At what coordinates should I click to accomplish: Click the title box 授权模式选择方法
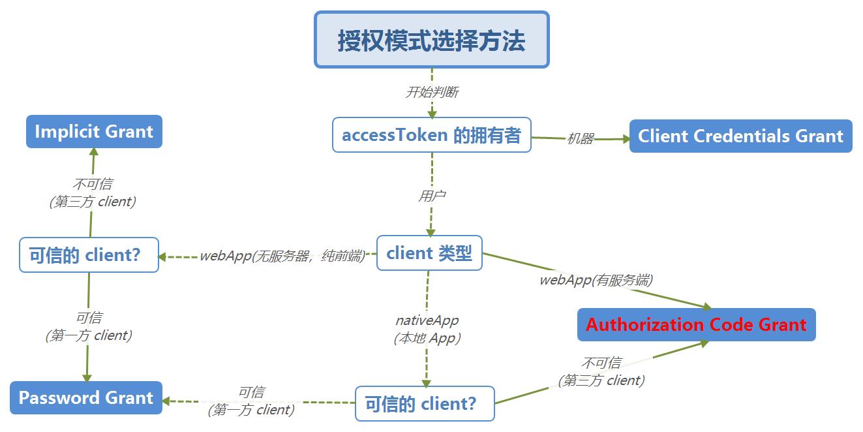tap(432, 40)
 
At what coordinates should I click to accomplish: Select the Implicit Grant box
tap(94, 131)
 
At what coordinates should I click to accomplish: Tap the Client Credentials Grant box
tap(740, 136)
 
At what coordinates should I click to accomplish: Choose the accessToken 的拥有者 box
tap(432, 135)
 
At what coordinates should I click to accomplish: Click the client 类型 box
tap(429, 253)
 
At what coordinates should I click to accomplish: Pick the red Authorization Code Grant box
tap(696, 324)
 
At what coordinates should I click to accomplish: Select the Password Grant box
tap(86, 397)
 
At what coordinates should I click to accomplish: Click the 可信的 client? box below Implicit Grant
tap(89, 255)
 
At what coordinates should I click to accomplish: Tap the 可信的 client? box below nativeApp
tap(425, 403)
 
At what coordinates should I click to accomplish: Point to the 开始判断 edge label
tap(432, 92)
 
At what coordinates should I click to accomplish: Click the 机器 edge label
tap(580, 138)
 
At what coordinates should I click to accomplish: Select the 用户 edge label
tap(432, 196)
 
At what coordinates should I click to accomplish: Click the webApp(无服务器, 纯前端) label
tap(282, 256)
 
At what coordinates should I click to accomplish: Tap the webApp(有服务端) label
tap(596, 280)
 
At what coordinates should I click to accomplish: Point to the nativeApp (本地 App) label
tap(427, 329)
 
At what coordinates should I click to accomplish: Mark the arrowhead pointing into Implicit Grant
tap(94, 152)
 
